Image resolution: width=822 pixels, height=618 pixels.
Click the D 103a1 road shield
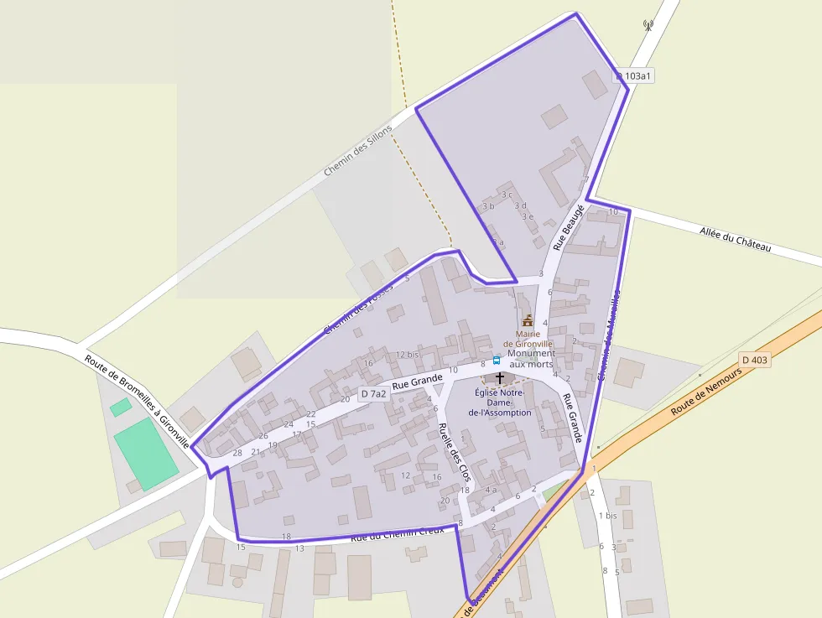[634, 75]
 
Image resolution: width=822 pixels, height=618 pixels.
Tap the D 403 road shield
[755, 360]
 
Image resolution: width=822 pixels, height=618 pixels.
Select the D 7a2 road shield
[373, 393]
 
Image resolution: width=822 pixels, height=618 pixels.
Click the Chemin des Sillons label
[358, 150]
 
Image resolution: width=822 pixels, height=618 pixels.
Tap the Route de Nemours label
[706, 395]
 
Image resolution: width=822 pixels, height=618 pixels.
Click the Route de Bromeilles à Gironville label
[138, 400]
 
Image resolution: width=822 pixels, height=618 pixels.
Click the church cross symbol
[500, 378]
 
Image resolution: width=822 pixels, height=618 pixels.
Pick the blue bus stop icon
[497, 361]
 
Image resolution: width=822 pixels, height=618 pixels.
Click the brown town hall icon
[528, 320]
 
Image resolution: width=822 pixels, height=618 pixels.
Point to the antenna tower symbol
[648, 25]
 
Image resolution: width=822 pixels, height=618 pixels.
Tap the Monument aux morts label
[532, 358]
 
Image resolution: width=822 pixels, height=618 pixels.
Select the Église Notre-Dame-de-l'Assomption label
[500, 402]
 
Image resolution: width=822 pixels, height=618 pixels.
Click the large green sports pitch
[146, 454]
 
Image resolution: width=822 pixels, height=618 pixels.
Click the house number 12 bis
[406, 355]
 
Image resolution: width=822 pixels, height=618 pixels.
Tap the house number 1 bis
[607, 515]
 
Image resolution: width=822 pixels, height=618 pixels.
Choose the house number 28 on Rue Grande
[237, 453]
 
